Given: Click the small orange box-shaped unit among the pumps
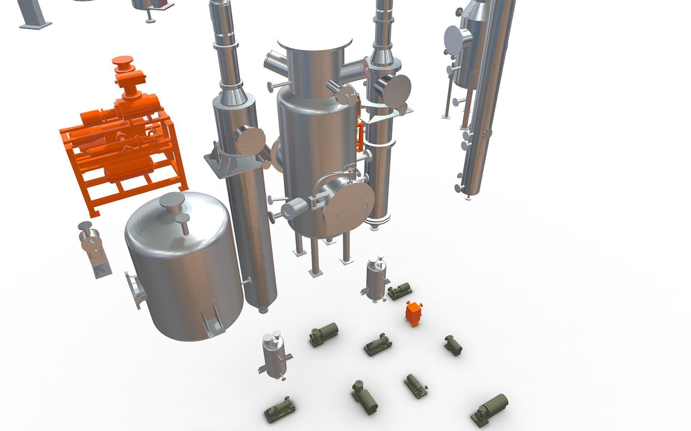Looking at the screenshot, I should (414, 314).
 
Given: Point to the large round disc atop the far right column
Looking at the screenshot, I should (457, 39).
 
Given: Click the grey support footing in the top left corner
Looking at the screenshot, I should (36, 24).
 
